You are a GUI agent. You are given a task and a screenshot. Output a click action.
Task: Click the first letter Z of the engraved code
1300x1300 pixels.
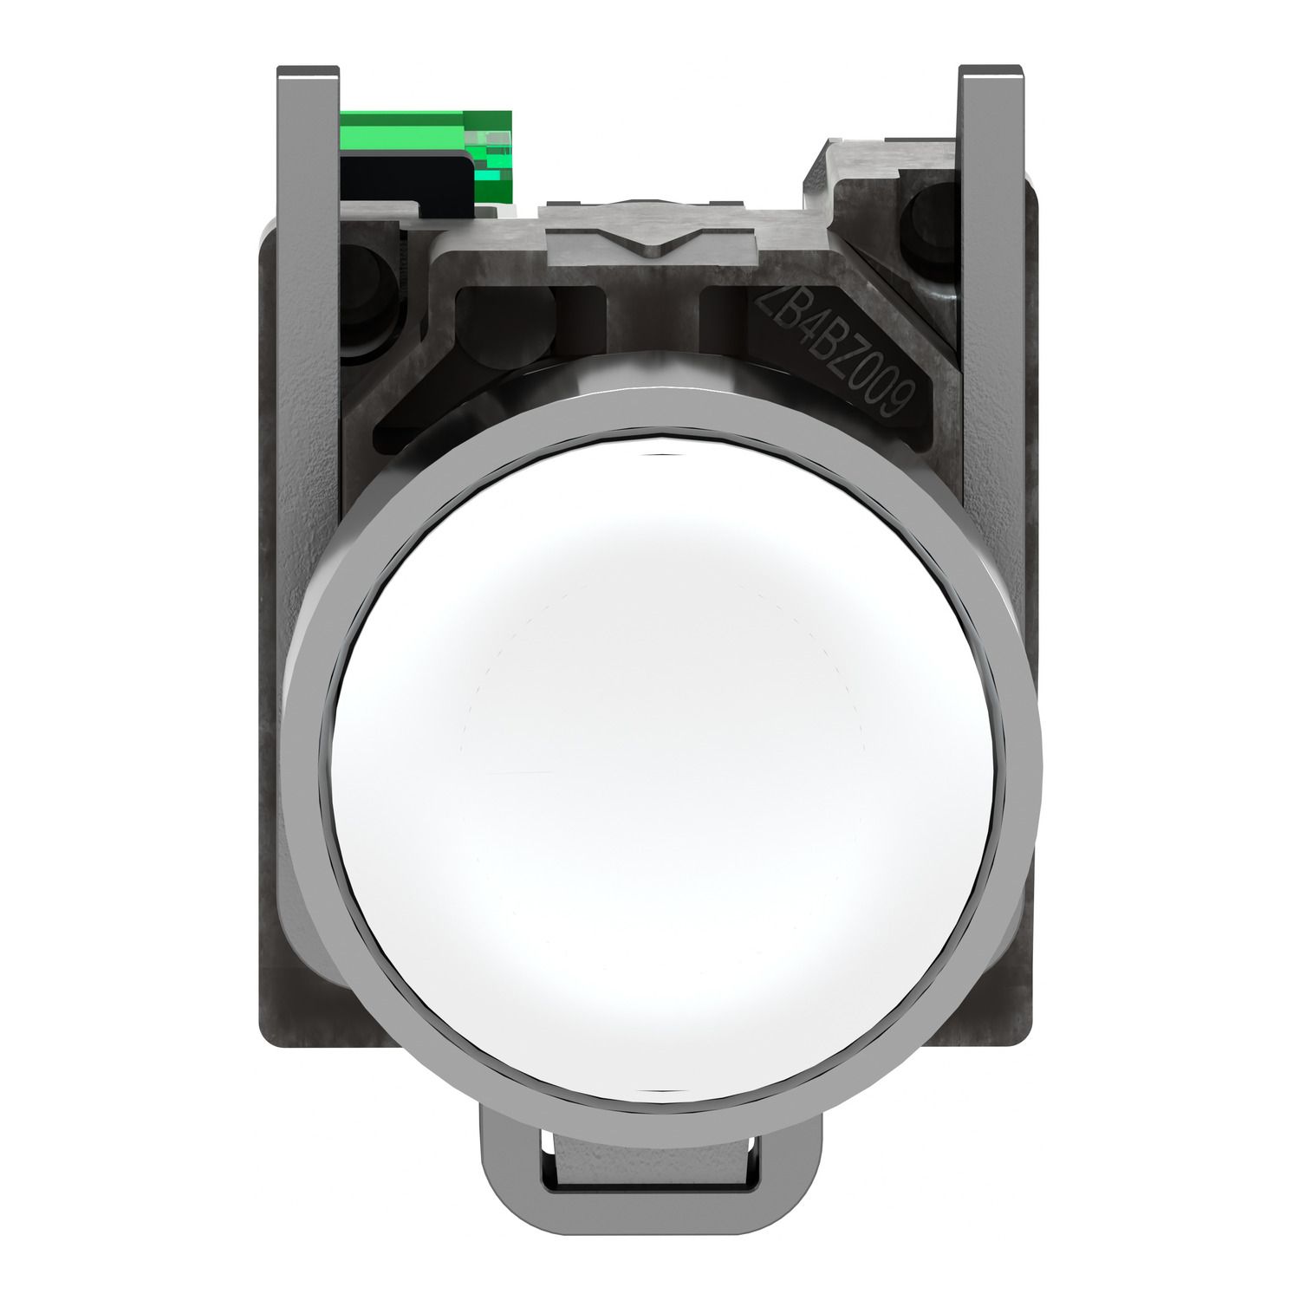coord(767,303)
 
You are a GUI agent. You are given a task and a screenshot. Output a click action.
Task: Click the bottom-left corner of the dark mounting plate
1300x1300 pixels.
coord(265,1036)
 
